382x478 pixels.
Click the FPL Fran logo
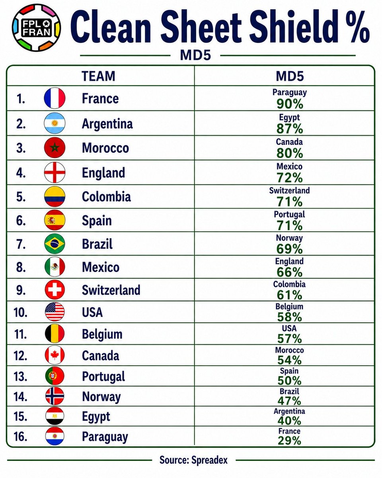tap(36, 28)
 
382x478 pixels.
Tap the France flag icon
tap(55, 98)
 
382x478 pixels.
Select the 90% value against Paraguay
tap(290, 104)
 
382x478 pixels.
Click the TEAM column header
tap(98, 76)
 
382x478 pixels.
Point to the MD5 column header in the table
tap(290, 76)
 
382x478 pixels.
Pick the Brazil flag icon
tap(55, 243)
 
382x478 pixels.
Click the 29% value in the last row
tap(289, 441)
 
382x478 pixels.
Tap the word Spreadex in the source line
tap(210, 460)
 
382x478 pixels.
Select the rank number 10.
tap(20, 312)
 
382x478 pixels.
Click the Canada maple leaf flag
tap(55, 355)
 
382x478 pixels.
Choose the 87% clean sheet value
tap(290, 129)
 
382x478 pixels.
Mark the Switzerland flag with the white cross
tap(55, 290)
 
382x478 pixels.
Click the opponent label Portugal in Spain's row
tap(289, 215)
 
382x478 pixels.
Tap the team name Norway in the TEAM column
tap(101, 397)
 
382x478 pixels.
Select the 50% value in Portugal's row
tap(289, 380)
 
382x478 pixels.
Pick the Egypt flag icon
tap(55, 416)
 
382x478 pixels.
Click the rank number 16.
tap(20, 437)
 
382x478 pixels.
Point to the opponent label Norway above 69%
tap(289, 238)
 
